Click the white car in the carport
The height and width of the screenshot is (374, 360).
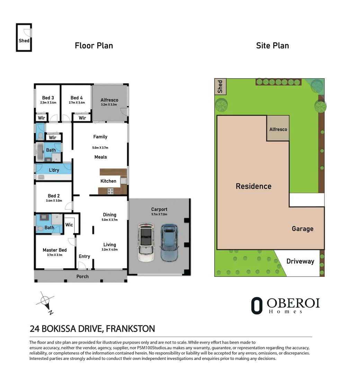146,242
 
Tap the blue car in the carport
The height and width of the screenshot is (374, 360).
169,242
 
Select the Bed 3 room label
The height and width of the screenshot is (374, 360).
48,98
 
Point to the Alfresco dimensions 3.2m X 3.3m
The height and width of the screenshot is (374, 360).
109,105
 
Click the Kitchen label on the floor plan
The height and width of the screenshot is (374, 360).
108,181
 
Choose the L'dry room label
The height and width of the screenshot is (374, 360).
54,170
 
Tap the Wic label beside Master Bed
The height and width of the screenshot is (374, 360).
69,225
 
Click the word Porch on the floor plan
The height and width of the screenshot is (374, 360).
82,276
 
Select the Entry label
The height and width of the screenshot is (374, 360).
84,256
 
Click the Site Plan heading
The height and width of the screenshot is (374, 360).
272,46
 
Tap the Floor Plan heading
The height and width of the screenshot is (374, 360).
94,46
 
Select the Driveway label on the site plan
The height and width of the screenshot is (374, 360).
300,261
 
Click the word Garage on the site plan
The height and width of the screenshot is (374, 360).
303,229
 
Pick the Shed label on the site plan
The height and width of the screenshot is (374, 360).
220,87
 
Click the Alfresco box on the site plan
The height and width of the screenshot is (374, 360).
278,128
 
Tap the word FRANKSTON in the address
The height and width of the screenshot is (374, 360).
130,329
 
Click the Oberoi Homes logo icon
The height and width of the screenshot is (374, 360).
257,305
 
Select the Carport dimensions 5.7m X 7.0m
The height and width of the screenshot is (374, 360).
159,214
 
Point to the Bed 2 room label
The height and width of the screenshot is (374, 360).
54,196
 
